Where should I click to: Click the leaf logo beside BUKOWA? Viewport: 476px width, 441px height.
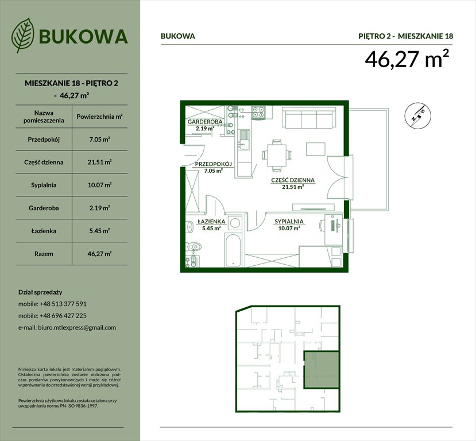pyautogui.click(x=24, y=36)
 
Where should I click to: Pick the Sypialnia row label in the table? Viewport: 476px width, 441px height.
pyautogui.click(x=40, y=185)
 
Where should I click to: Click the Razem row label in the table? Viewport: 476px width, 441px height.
pyautogui.click(x=40, y=253)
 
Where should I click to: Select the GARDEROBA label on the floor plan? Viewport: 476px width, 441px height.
pyautogui.click(x=204, y=123)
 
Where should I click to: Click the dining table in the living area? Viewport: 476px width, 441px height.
pyautogui.click(x=277, y=154)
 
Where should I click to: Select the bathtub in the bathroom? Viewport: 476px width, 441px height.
pyautogui.click(x=232, y=250)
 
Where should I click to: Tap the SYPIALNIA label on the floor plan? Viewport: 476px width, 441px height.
pyautogui.click(x=289, y=221)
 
